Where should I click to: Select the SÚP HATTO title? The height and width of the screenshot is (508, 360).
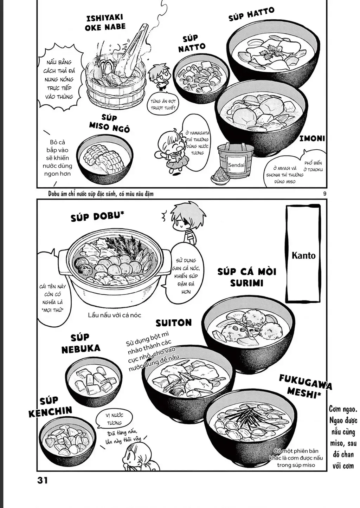point(251,14)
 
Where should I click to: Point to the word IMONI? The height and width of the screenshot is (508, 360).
point(312,138)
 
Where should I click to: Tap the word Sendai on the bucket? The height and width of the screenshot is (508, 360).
point(236,165)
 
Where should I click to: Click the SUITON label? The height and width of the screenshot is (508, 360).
point(174,323)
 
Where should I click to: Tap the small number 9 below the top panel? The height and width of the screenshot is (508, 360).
point(324,194)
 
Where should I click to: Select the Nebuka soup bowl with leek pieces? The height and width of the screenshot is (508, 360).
point(94,381)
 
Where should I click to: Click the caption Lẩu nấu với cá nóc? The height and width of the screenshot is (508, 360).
point(114,315)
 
